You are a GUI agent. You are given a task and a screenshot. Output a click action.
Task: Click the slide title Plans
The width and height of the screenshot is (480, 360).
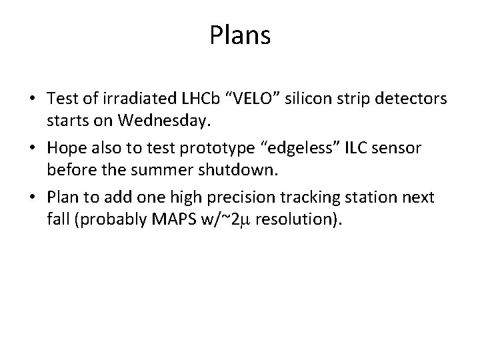pos(240,35)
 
